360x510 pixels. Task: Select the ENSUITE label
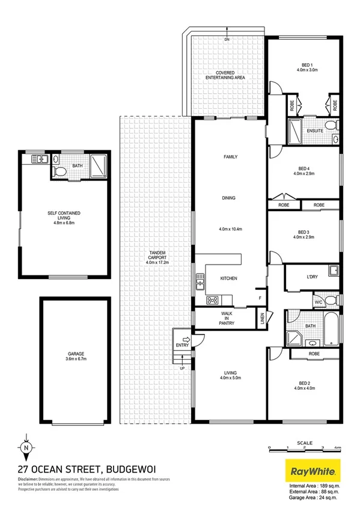tap(315, 131)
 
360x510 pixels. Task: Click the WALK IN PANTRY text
tap(226, 319)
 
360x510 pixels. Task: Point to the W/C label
tap(318, 302)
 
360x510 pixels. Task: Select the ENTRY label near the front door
tap(182, 345)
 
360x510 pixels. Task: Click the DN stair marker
tap(227, 39)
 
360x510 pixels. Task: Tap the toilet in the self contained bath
tap(59, 171)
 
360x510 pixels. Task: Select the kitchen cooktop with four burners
tap(212, 300)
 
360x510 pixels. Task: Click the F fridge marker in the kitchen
tap(260, 298)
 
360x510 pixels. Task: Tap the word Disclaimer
tap(31, 479)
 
